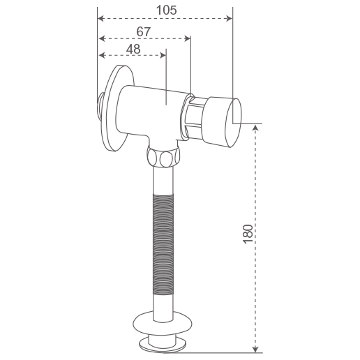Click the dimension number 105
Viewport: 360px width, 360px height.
(x=167, y=10)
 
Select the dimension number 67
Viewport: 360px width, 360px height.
(x=144, y=31)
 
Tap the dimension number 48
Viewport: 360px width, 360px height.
(x=133, y=49)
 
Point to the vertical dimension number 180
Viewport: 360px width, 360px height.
(x=248, y=234)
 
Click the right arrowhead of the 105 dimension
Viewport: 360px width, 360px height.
(x=230, y=19)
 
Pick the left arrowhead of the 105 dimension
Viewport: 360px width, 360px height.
(x=100, y=19)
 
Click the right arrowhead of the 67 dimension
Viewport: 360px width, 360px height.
(x=188, y=38)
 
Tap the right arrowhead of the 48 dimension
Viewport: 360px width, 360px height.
(x=163, y=55)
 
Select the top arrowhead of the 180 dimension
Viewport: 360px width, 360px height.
(x=255, y=127)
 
